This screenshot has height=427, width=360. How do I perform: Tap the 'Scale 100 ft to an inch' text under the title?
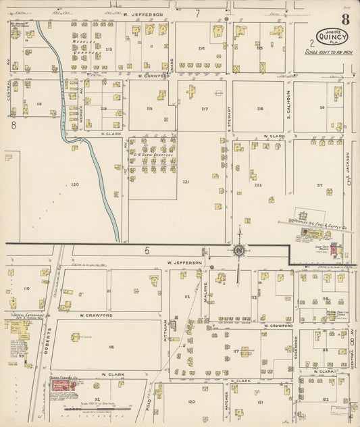coord(330,51)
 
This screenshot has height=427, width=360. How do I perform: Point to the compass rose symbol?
coord(238,251)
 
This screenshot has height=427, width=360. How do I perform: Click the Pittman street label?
coord(165,326)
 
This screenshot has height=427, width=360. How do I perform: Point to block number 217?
coord(204,109)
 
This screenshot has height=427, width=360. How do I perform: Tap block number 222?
coord(257,184)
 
